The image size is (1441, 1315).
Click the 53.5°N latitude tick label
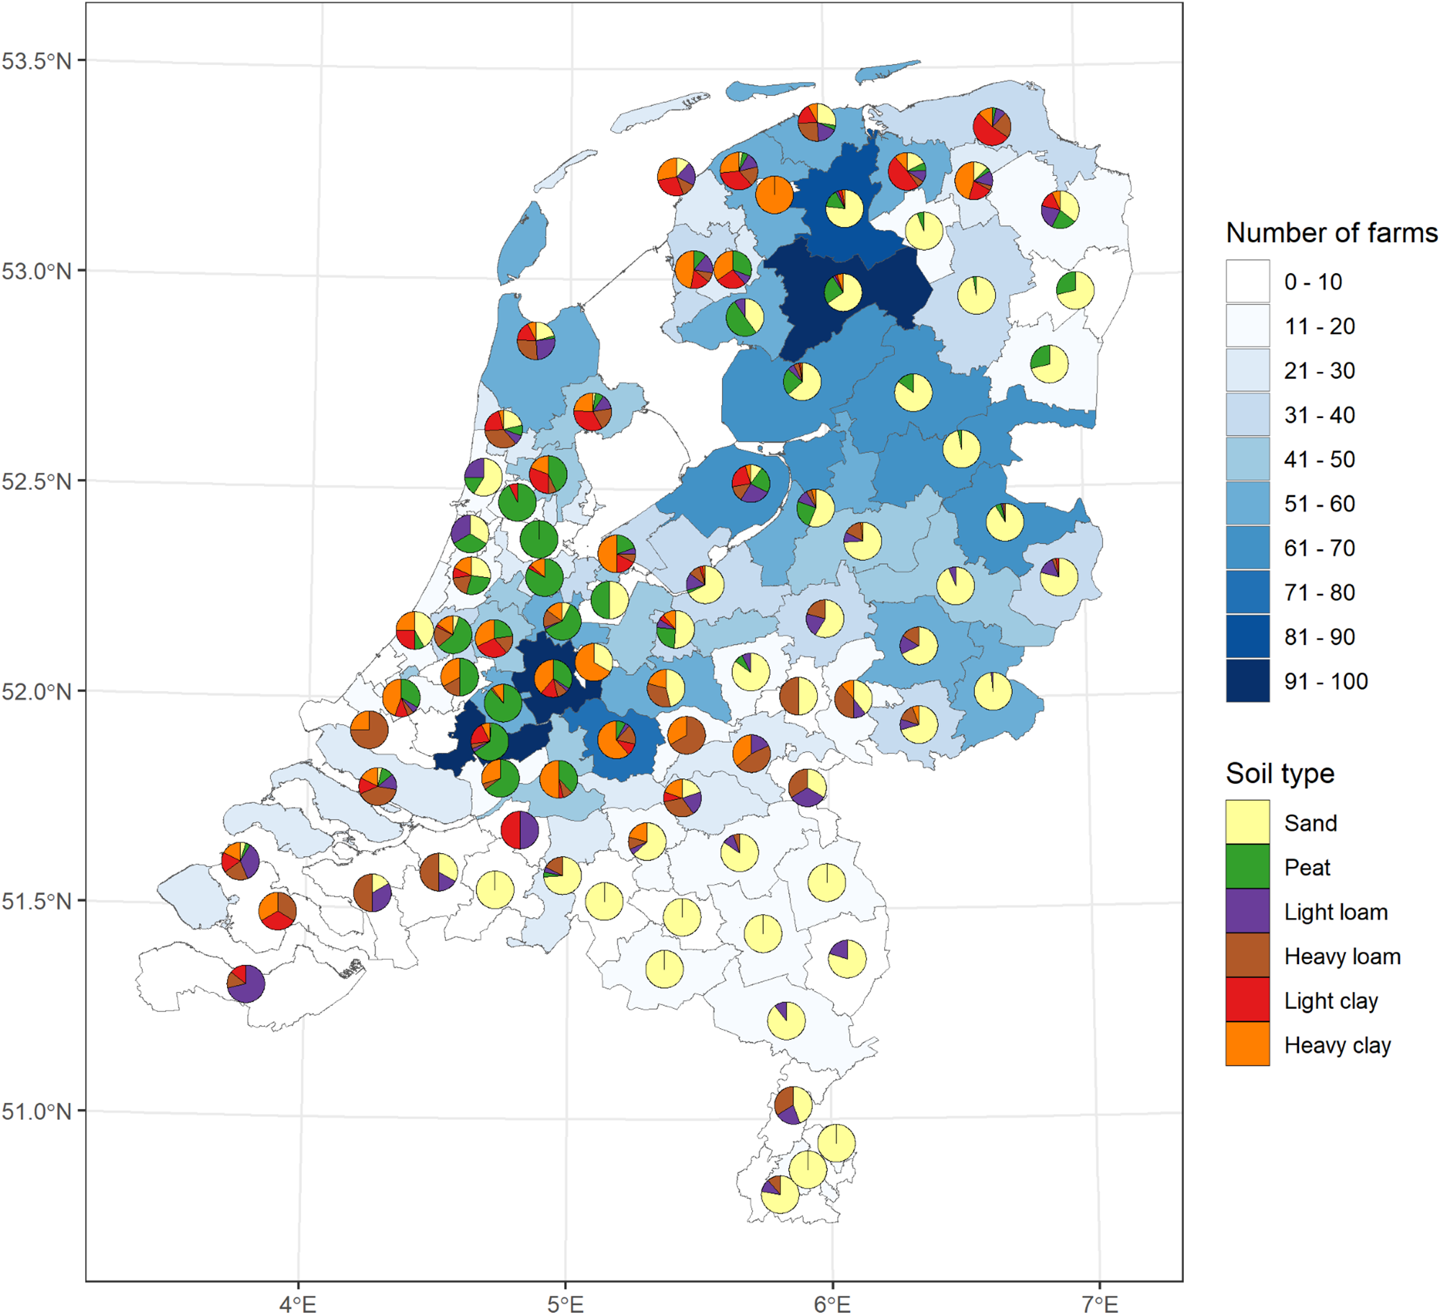pyautogui.click(x=37, y=61)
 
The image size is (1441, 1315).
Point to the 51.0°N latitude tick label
pyautogui.click(x=37, y=1111)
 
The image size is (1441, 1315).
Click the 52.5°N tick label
pyautogui.click(x=37, y=481)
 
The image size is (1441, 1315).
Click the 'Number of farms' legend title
pyautogui.click(x=1331, y=233)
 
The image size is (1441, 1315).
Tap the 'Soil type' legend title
pyautogui.click(x=1280, y=773)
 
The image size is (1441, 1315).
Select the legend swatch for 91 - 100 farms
pyautogui.click(x=1248, y=681)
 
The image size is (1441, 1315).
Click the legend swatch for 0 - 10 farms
pyautogui.click(x=1248, y=281)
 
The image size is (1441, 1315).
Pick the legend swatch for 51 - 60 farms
pyautogui.click(x=1248, y=503)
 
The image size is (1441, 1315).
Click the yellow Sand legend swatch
pyautogui.click(x=1248, y=822)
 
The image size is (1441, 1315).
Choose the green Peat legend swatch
pyautogui.click(x=1248, y=867)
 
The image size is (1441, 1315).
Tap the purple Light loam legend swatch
pyautogui.click(x=1248, y=911)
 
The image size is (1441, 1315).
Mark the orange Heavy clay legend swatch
pyautogui.click(x=1248, y=1044)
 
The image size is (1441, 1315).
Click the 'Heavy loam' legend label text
pyautogui.click(x=1342, y=956)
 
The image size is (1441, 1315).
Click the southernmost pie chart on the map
pyautogui.click(x=780, y=1195)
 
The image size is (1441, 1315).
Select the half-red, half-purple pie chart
pyautogui.click(x=519, y=830)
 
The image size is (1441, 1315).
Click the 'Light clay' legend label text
pyautogui.click(x=1331, y=1001)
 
